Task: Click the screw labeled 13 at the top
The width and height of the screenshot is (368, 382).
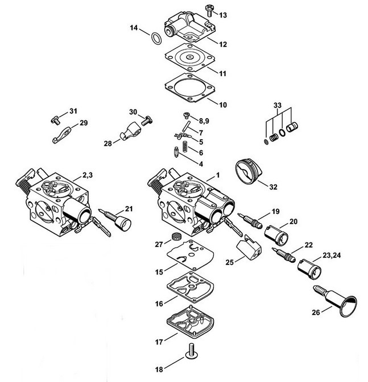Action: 209,10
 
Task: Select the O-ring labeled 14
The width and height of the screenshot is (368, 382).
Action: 156,39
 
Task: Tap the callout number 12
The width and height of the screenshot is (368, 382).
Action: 223,44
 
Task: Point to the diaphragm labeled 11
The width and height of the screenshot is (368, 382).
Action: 190,57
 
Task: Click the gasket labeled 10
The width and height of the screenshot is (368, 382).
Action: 190,87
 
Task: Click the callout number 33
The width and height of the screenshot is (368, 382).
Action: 278,105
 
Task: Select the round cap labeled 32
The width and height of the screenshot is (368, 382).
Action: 249,171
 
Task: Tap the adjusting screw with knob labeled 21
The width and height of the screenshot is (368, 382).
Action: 115,219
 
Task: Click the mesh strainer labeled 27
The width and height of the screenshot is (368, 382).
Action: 175,236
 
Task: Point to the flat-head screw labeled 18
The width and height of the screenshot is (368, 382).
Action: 191,351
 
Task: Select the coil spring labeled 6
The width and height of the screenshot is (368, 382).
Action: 185,147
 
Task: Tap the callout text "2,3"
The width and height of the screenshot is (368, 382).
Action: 88,175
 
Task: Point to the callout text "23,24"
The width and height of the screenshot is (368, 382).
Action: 332,255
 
